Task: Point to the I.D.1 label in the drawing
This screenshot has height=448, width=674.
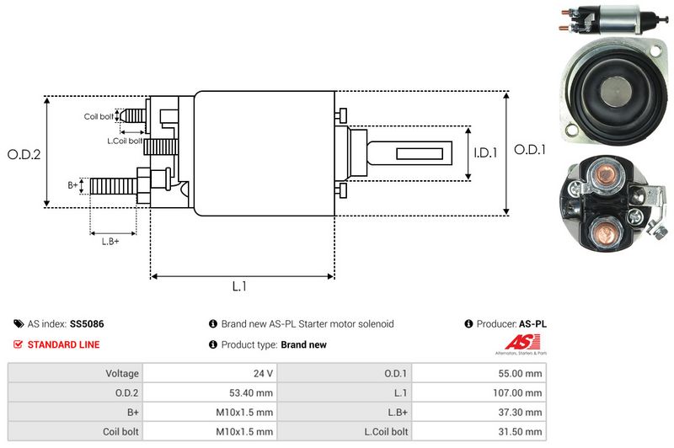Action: point(486,153)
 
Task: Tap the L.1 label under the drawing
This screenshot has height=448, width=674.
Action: point(239,286)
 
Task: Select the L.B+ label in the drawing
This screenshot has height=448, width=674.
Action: point(110,243)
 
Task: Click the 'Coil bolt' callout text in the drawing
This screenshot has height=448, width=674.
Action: point(99,116)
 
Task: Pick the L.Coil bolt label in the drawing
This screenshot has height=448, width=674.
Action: point(124,140)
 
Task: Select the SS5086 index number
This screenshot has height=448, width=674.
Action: point(88,323)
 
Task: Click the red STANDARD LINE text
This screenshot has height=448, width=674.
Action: point(63,344)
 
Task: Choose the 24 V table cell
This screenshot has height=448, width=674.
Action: point(262,372)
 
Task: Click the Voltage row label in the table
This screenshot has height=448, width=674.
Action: point(122,372)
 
